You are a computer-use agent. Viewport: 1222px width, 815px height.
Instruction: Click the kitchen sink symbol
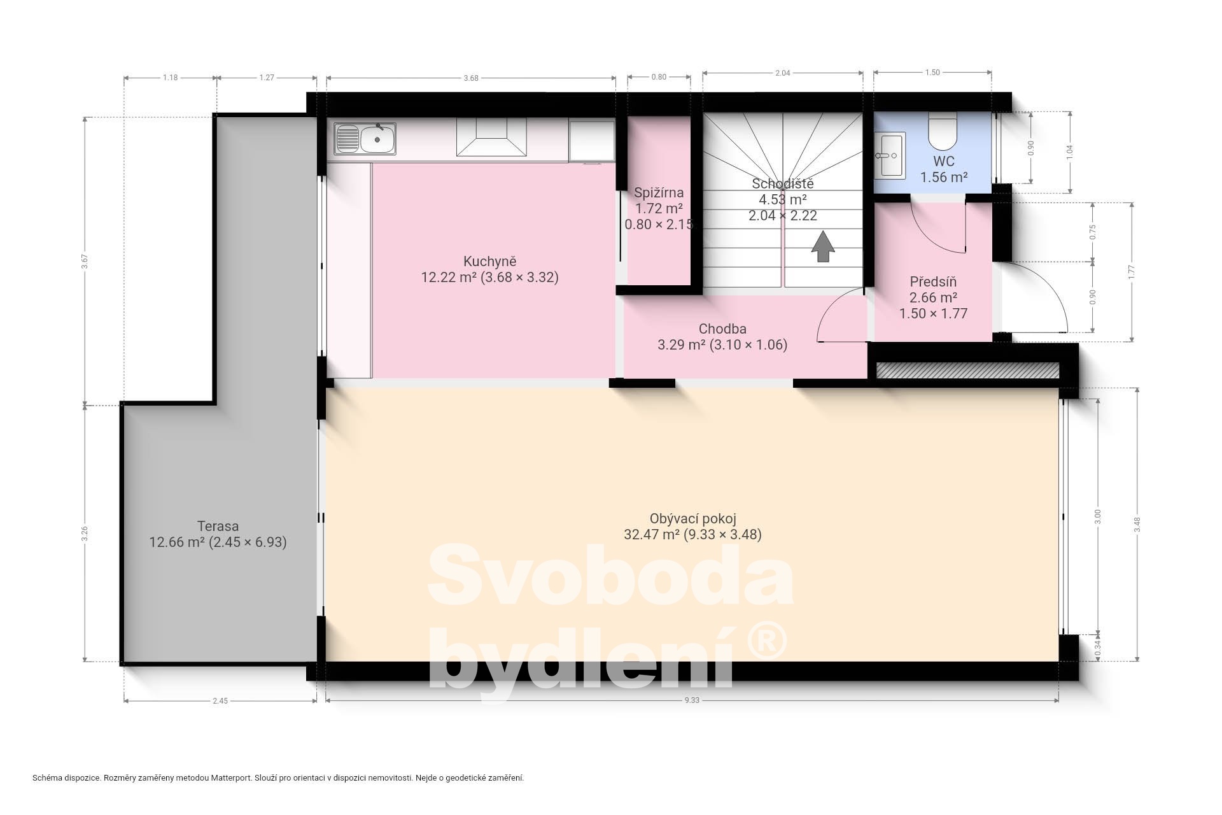(365, 139)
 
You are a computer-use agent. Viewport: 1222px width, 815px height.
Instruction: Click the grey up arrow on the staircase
(823, 246)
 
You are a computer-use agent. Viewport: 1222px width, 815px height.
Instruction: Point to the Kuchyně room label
(489, 261)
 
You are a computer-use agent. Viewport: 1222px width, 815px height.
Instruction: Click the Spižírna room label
(659, 192)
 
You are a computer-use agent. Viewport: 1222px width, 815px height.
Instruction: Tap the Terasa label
(218, 527)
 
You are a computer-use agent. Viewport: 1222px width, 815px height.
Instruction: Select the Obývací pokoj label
(692, 519)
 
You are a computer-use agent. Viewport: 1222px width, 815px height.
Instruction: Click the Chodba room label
(722, 329)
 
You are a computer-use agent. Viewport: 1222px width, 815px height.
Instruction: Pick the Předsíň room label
(933, 281)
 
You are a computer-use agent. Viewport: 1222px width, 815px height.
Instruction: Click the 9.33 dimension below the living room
(692, 700)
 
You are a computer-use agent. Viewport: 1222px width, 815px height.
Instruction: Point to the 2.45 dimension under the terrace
(220, 701)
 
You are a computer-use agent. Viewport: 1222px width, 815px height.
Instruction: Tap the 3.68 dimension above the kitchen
(471, 78)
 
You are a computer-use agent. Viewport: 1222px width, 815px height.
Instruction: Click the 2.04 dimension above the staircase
(783, 73)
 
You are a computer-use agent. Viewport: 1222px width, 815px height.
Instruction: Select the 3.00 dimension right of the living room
(1097, 516)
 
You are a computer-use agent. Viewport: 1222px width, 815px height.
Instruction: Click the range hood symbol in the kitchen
(492, 138)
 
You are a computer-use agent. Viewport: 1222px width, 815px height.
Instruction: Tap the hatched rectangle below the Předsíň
(967, 371)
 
